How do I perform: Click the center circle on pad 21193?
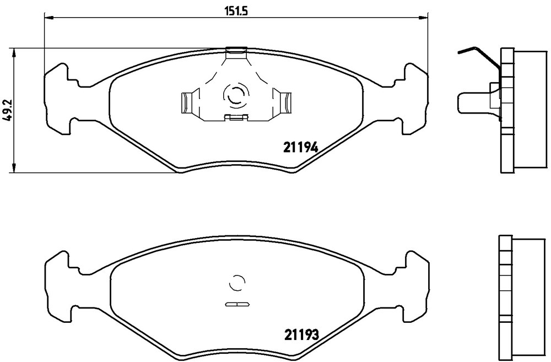(236, 282)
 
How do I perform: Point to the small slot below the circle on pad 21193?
(236, 304)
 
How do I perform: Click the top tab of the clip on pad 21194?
(236, 52)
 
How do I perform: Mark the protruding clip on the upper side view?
(474, 102)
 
